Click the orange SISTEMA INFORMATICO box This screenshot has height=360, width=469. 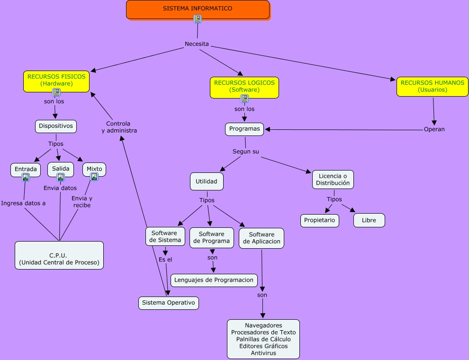pos(198,9)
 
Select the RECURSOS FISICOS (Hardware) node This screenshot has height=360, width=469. pos(56,81)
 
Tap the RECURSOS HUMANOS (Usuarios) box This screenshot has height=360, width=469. pos(432,87)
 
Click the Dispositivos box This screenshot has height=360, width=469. pos(56,126)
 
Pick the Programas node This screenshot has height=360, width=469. pos(244,129)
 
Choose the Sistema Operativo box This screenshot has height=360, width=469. pos(168,303)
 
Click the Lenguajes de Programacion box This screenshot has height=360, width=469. pos(214,280)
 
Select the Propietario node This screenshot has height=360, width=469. pos(319,220)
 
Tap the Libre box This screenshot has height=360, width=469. pos(369,220)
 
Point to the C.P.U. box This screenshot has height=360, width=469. pos(59,255)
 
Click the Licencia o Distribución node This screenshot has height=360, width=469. pos(333,180)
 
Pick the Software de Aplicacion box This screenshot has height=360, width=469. pos(262,238)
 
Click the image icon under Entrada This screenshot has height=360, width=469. pos(26,177)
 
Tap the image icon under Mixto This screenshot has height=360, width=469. pos(94,177)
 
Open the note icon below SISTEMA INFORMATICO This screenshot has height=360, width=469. pos(198,19)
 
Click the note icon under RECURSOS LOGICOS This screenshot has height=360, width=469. pos(244,99)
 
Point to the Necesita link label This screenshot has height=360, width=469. pos(197,44)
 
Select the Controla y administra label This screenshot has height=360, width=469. pos(119,127)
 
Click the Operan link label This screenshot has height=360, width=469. pos(434,129)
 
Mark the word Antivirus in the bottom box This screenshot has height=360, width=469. pos(263,353)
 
